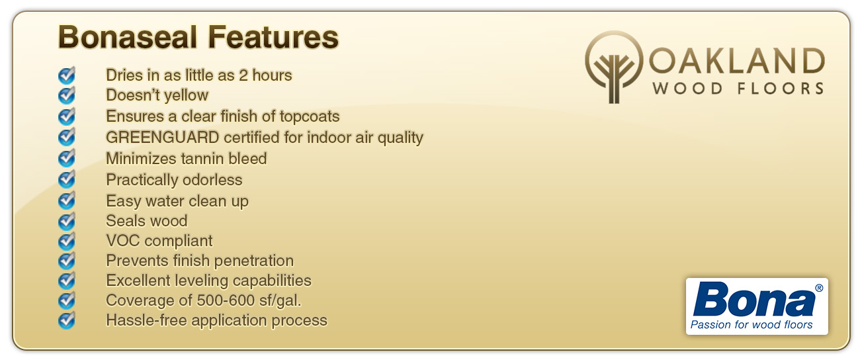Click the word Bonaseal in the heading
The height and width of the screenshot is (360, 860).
128,37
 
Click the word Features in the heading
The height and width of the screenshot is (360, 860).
273,37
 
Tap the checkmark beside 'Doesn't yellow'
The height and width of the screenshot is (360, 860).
67,95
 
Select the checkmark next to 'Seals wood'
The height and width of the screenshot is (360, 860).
67,221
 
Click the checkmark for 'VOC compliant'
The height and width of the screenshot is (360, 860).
67,241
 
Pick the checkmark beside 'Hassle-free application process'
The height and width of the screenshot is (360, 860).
67,320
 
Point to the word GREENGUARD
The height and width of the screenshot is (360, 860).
162,137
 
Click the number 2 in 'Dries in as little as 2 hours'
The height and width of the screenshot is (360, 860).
243,75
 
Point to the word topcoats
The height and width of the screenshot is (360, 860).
310,116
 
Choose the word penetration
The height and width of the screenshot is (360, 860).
254,261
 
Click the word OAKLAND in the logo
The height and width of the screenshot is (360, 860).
737,61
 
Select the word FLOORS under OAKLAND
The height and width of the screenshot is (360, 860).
781,89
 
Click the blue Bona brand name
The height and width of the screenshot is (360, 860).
753,299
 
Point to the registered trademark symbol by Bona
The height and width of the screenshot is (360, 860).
818,288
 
